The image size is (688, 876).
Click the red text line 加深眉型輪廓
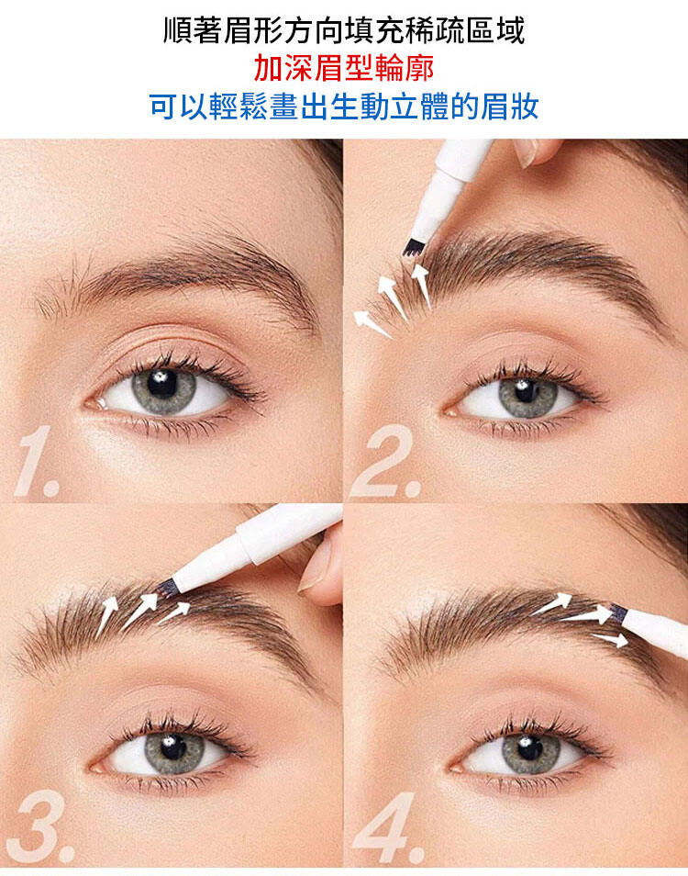[x=344, y=69]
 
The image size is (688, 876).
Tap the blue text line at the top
[x=344, y=107]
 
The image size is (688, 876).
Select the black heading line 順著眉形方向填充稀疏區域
[x=344, y=30]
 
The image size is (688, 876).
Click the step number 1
[x=37, y=462]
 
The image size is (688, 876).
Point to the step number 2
[x=385, y=462]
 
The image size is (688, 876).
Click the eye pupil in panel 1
[x=162, y=384]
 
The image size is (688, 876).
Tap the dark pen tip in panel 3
[x=166, y=588]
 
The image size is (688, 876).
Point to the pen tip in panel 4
[x=617, y=612]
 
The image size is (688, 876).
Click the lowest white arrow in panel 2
[x=372, y=324]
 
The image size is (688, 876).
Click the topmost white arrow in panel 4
[x=552, y=604]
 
